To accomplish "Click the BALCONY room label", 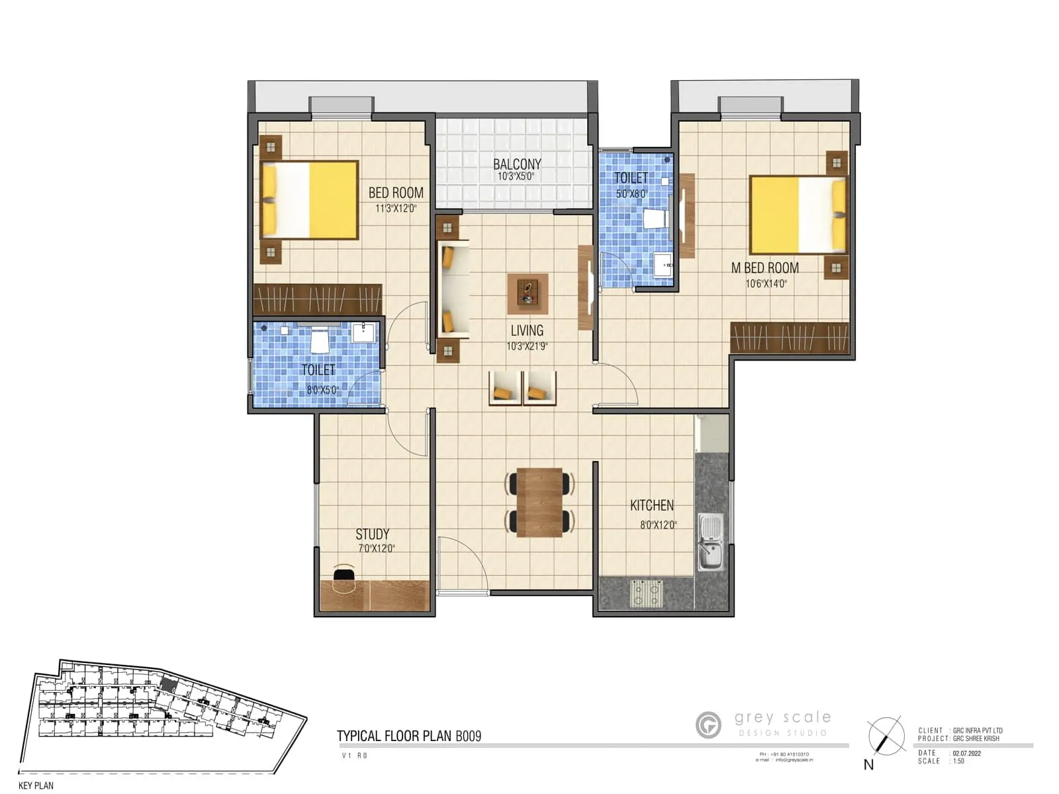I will pyautogui.click(x=517, y=163).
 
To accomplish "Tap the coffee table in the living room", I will pyautogui.click(x=528, y=293).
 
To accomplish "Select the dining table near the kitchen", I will pyautogui.click(x=539, y=502).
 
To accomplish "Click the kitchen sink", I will pyautogui.click(x=711, y=543).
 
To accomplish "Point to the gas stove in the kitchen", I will pyautogui.click(x=646, y=592).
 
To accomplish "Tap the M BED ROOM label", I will pyautogui.click(x=764, y=268).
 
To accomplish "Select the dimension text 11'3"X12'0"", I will pyautogui.click(x=396, y=208).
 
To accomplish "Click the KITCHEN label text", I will pyautogui.click(x=652, y=506).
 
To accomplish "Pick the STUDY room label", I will pyautogui.click(x=372, y=534).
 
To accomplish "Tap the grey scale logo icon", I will pyautogui.click(x=708, y=725).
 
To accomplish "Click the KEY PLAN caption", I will pyautogui.click(x=36, y=785).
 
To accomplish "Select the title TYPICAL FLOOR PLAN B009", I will pyautogui.click(x=409, y=736).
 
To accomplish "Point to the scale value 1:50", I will pyautogui.click(x=958, y=762).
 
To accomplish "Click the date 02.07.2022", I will pyautogui.click(x=966, y=753).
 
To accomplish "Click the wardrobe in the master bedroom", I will pyautogui.click(x=789, y=337).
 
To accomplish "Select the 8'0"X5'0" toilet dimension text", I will pyautogui.click(x=322, y=390).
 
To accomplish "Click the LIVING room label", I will pyautogui.click(x=527, y=330).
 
